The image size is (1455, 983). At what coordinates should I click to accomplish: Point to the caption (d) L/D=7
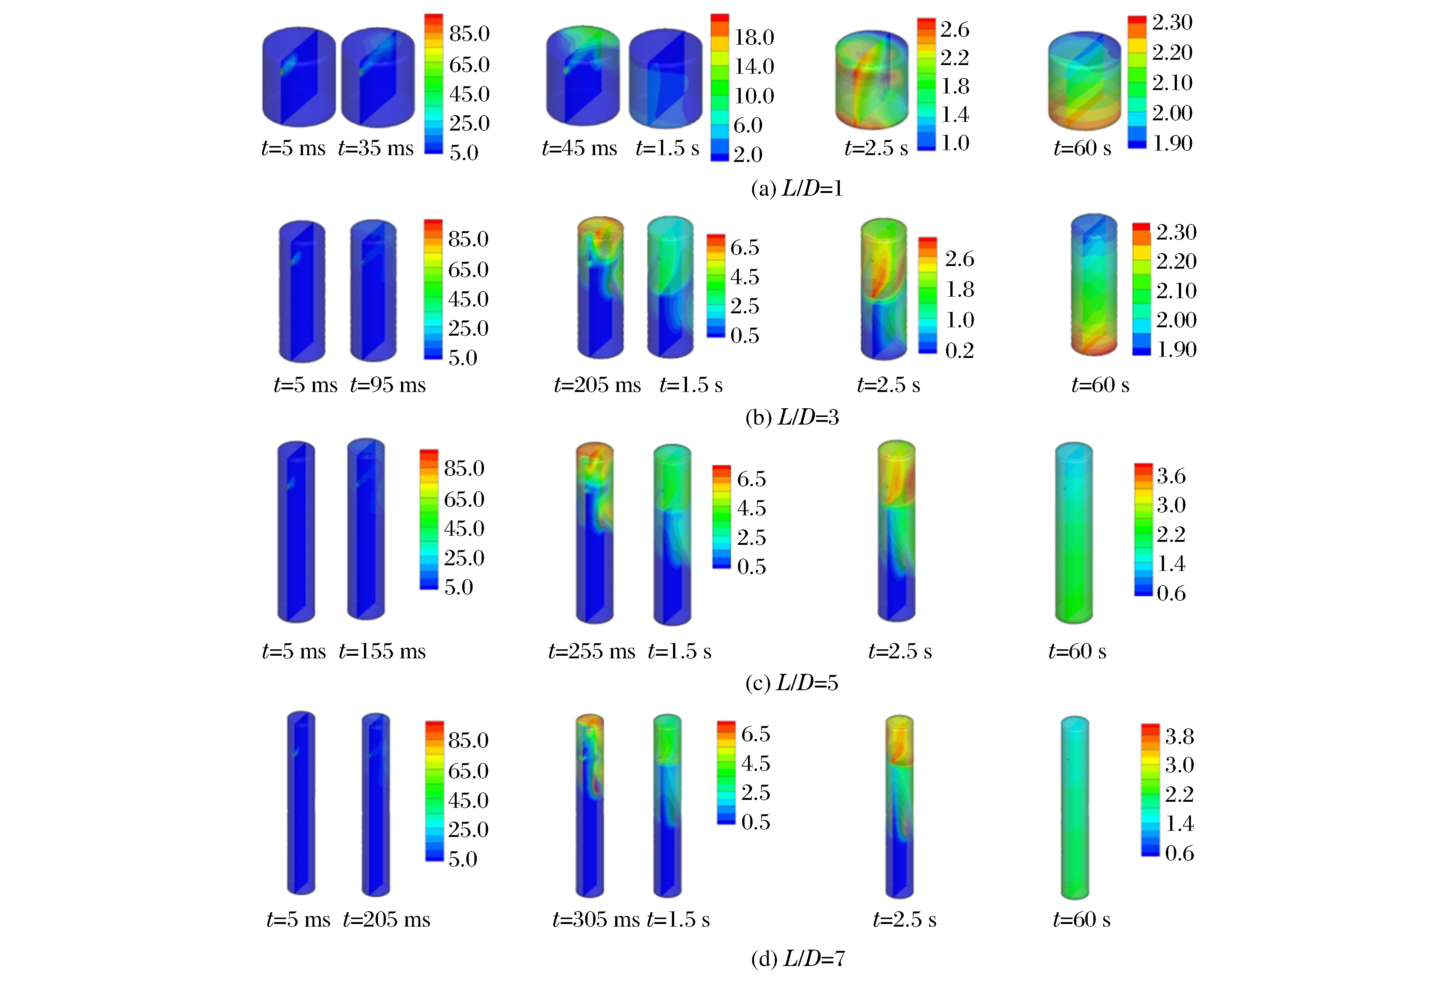pyautogui.click(x=797, y=958)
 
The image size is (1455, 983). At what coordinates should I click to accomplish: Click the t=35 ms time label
pyautogui.click(x=376, y=148)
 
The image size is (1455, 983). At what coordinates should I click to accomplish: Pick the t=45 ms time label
pyautogui.click(x=579, y=148)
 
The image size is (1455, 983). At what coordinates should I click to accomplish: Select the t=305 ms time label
pyautogui.click(x=595, y=919)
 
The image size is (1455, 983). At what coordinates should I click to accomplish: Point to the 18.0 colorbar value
pyautogui.click(x=754, y=37)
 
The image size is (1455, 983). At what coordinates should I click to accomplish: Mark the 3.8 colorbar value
pyautogui.click(x=1179, y=736)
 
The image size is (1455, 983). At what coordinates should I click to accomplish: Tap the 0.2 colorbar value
pyautogui.click(x=959, y=351)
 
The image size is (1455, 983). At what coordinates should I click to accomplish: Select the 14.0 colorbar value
pyautogui.click(x=754, y=66)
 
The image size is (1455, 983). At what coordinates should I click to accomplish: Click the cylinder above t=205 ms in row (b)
pyautogui.click(x=600, y=288)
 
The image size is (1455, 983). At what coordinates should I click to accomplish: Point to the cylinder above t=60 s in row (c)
pyautogui.click(x=1074, y=532)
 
